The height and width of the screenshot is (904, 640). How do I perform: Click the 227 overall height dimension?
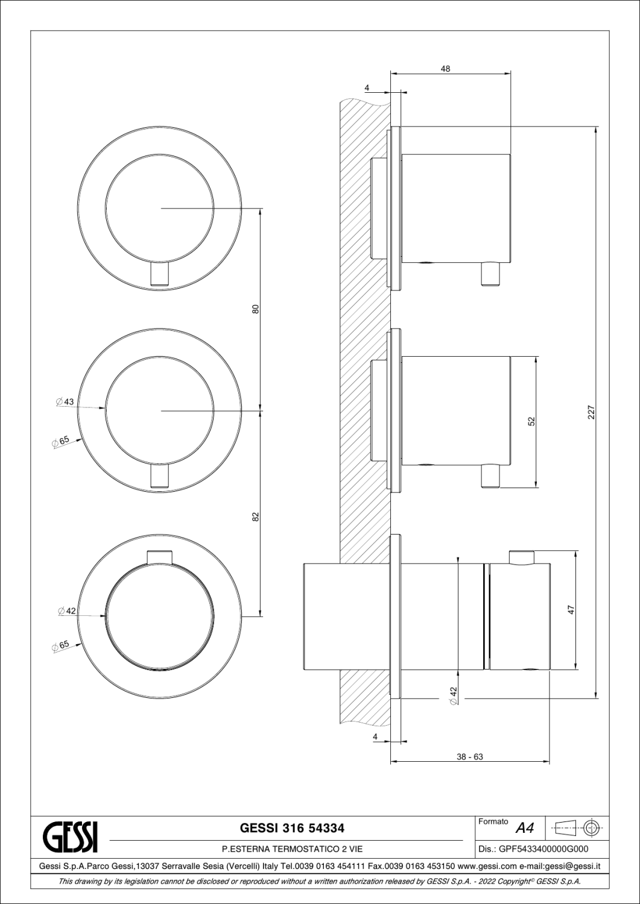coord(591,412)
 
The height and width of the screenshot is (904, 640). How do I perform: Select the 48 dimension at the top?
coord(445,69)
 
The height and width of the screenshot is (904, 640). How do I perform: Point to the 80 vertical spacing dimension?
coord(255,309)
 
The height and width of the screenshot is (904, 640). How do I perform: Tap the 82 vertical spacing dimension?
coord(255,516)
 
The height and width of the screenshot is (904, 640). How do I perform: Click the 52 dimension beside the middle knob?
coord(531,421)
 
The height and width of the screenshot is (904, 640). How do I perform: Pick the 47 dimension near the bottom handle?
coord(571,610)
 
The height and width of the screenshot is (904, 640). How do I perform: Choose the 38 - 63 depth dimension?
coord(470,757)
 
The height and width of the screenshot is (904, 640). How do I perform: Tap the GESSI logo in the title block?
coord(71,835)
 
